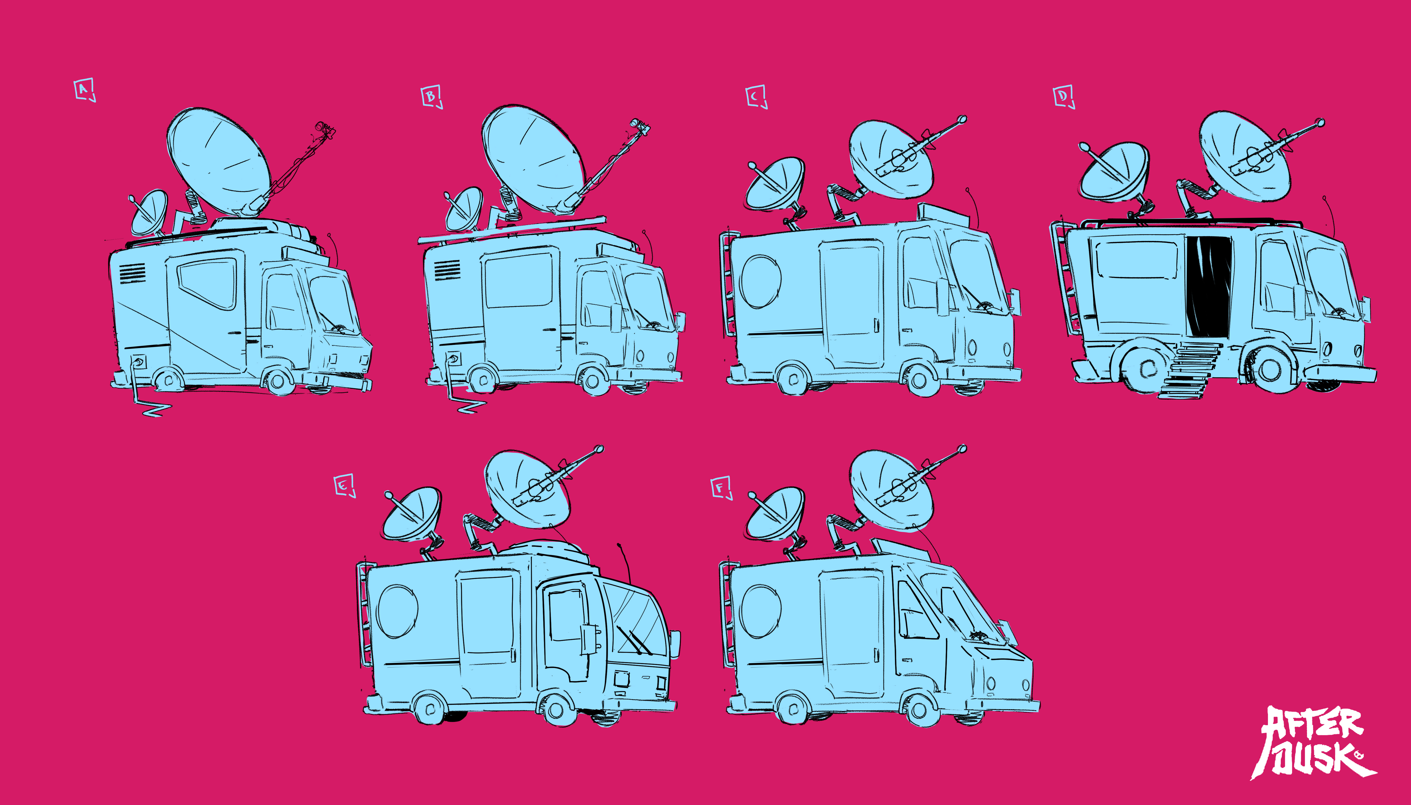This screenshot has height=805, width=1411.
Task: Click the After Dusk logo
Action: point(1313,743)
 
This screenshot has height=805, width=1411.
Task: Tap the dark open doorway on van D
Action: point(1209,286)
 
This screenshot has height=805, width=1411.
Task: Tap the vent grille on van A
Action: point(133,273)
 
